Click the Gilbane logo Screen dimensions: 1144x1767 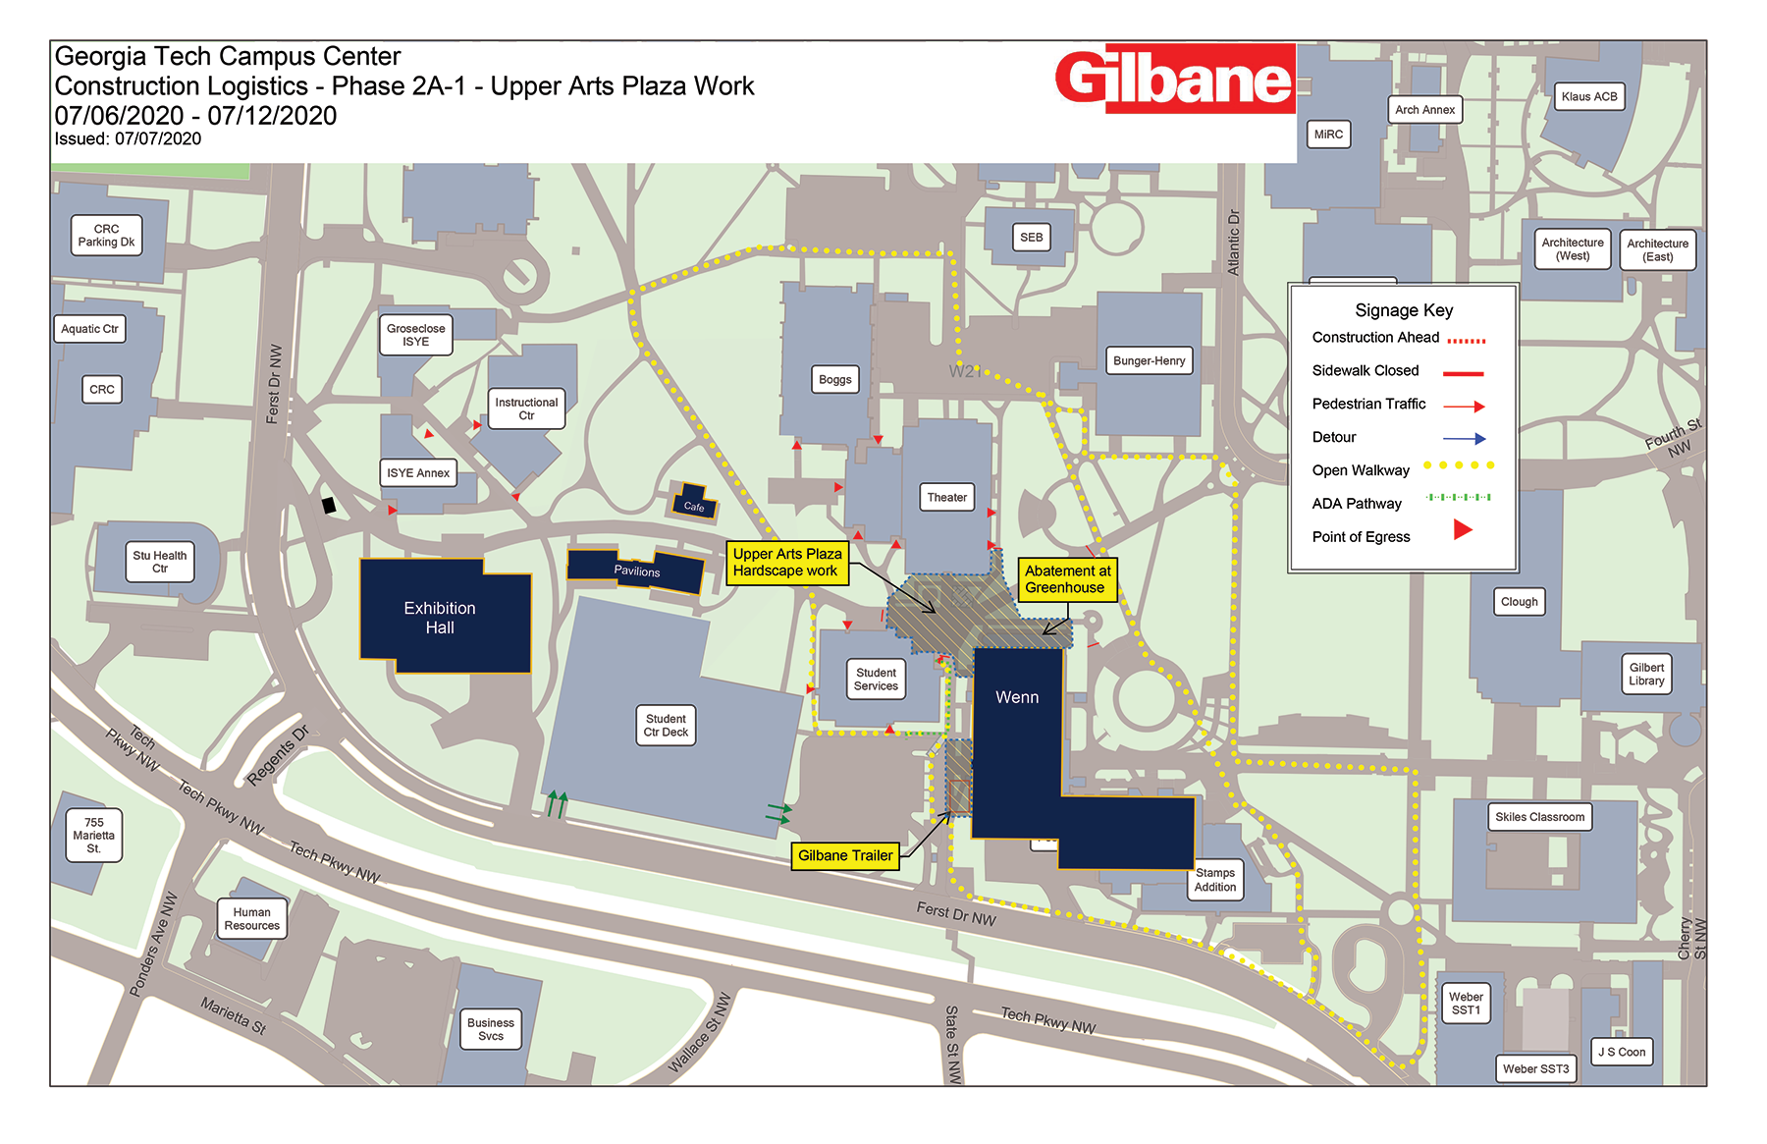point(1175,79)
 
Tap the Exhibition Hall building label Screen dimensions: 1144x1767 point(440,618)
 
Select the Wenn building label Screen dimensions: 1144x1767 point(1016,697)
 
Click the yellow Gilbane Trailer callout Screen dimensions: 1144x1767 point(845,856)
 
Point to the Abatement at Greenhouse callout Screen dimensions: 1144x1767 point(1067,579)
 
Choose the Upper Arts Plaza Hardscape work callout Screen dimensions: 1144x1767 point(786,563)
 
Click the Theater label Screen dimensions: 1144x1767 point(946,498)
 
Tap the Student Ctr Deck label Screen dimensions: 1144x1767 point(666,726)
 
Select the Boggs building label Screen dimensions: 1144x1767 point(834,380)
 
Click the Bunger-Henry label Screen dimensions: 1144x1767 point(1149,361)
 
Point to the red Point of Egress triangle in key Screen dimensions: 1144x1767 point(1462,530)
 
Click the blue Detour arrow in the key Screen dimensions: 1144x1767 point(1464,439)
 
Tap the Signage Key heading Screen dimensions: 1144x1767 point(1404,310)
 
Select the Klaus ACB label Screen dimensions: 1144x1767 point(1588,96)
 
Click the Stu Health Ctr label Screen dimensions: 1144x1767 point(159,562)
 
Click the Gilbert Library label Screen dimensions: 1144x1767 point(1646,675)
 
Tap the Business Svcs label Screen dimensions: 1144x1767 point(490,1029)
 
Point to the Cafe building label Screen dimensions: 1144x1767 point(694,507)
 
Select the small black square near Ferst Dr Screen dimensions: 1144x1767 point(329,506)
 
